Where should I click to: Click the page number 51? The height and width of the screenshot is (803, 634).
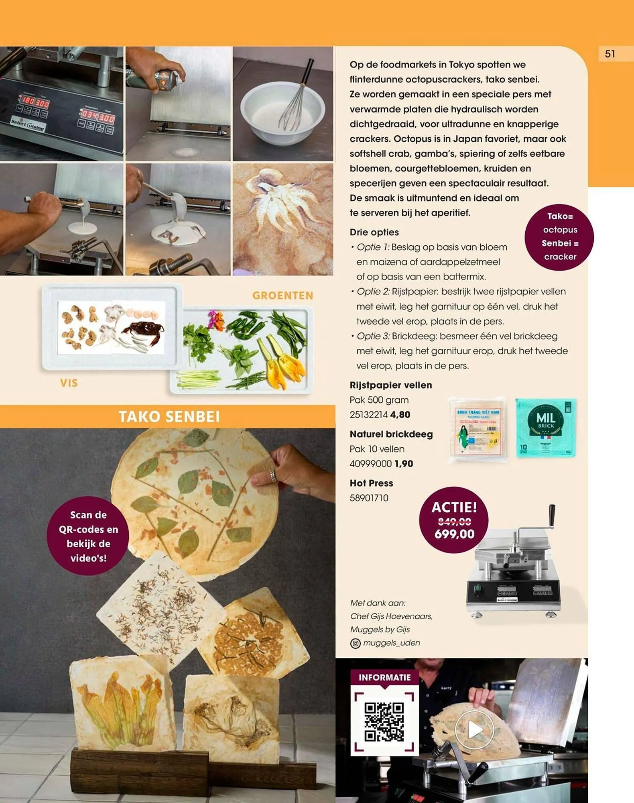coord(610,54)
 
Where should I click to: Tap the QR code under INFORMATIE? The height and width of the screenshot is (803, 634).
coord(384,721)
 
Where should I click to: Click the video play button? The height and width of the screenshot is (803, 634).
coord(474,730)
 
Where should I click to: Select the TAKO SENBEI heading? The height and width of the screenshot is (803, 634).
coord(169,416)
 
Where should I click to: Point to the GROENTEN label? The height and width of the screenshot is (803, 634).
coord(282,296)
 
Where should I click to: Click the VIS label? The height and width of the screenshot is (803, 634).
coord(69,383)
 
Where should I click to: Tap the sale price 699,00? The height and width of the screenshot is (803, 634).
coord(454,534)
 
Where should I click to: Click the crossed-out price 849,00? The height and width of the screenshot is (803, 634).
coord(454,521)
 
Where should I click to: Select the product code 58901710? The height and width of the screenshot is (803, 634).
coord(369,498)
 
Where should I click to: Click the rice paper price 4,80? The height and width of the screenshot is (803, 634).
coord(400,415)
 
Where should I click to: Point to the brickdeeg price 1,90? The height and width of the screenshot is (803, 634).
coord(404,464)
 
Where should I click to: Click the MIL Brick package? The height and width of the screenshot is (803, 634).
coord(546,428)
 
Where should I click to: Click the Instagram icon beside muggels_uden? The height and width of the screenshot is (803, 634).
coord(356,643)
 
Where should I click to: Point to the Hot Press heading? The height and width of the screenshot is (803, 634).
coord(371,483)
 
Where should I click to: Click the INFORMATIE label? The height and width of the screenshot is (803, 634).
coord(384,677)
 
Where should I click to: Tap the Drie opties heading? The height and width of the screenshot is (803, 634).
coord(374,232)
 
